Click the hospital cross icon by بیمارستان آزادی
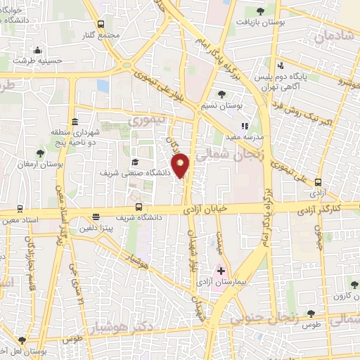click(x=221, y=270)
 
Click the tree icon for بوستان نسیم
click(x=222, y=94)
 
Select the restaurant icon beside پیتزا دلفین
click(x=96, y=218)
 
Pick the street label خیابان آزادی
click(x=208, y=209)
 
